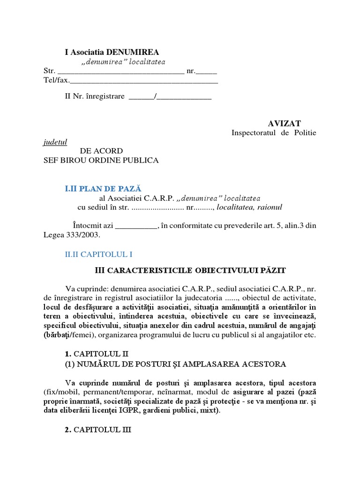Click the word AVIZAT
click(x=285, y=123)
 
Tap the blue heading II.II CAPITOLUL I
click(x=98, y=254)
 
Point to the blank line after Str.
click(x=120, y=71)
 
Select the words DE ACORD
click(x=101, y=151)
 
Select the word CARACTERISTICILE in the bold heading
click(x=151, y=270)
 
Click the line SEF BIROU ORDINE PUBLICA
click(x=101, y=160)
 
